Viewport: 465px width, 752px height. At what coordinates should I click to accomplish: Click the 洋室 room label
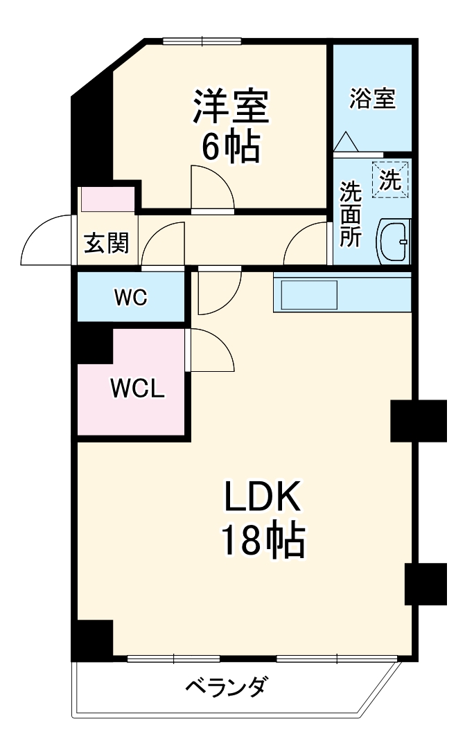pos(229,107)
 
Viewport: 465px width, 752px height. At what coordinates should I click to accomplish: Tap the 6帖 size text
pos(231,146)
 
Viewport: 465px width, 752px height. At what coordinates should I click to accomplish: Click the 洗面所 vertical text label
pos(350,215)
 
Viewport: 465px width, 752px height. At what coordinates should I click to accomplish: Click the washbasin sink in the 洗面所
pos(394,242)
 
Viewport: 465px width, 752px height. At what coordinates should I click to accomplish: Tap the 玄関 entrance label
pos(106,243)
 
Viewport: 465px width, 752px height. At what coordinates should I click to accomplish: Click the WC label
pos(130,298)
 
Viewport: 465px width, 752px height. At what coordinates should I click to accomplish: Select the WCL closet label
pos(138,389)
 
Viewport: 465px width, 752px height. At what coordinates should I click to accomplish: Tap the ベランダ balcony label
pos(225,688)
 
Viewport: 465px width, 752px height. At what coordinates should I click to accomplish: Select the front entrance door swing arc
pos(46,240)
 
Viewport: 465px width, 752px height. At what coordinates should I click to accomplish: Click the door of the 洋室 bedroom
pos(213,188)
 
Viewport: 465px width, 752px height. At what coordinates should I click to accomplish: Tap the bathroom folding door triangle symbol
pos(345,142)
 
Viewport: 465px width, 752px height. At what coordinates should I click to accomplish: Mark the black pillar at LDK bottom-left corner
pos(92,638)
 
